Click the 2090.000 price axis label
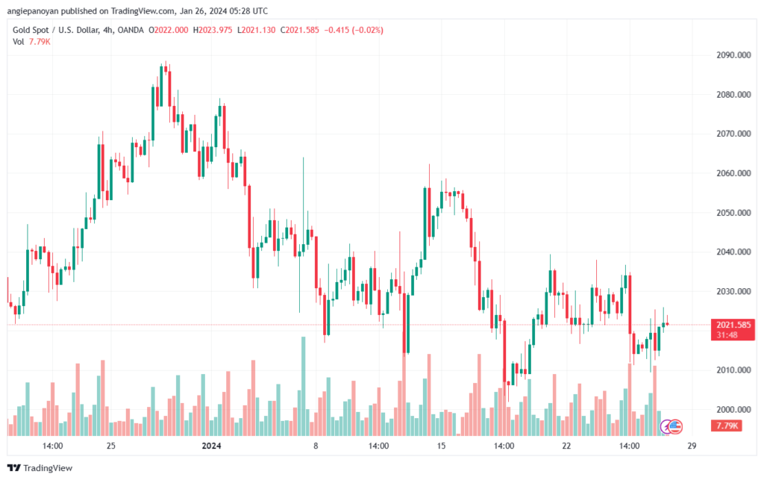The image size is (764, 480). tap(733, 55)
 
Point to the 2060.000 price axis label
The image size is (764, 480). tap(733, 173)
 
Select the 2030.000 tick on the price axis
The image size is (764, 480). tap(733, 291)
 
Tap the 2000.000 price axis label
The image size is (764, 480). tap(733, 409)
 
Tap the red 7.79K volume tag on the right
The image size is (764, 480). tap(727, 426)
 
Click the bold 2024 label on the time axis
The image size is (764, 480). tap(211, 446)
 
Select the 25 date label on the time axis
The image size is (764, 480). tap(111, 446)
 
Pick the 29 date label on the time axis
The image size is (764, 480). tap(692, 446)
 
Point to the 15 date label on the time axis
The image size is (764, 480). tap(441, 446)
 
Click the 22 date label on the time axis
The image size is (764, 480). tap(566, 446)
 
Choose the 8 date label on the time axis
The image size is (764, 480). tap(316, 446)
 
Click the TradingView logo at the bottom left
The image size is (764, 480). tap(40, 468)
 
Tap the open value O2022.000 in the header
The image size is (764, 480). tap(168, 30)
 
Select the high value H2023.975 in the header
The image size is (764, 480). tap(213, 30)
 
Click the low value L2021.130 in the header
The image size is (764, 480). tap(257, 30)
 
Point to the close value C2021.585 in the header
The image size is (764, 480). tap(300, 30)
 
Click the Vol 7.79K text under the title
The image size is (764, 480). tap(31, 42)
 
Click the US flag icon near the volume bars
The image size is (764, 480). tap(674, 427)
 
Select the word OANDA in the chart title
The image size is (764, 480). tap(131, 30)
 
